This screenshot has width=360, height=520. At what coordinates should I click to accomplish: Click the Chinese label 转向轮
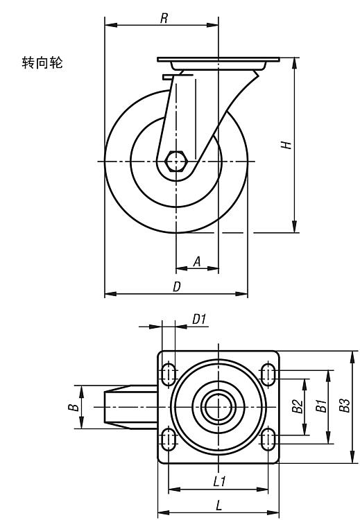[x=42, y=62]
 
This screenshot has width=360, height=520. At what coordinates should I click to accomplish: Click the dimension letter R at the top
[x=164, y=18]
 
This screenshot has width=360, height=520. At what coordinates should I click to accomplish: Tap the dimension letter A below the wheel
[x=197, y=261]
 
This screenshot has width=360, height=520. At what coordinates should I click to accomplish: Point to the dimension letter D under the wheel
[x=177, y=286]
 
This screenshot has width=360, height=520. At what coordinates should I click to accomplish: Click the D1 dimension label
[x=199, y=320]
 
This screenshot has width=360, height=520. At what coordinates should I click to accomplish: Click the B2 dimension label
[x=298, y=406]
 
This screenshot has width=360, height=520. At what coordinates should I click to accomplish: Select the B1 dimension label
[x=321, y=406]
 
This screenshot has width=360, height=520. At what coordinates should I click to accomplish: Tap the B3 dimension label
[x=345, y=406]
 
